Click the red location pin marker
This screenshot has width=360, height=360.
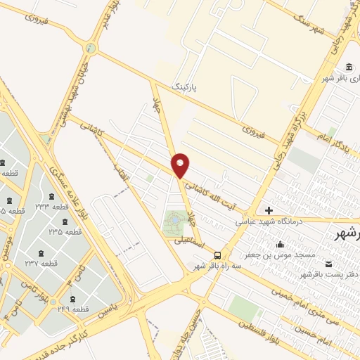pyautogui.click(x=181, y=165)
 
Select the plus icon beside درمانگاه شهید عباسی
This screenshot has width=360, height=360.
pyautogui.click(x=269, y=210)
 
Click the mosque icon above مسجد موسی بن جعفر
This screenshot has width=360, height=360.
pyautogui.click(x=281, y=244)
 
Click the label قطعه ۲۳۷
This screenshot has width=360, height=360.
pyautogui.click(x=41, y=263)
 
